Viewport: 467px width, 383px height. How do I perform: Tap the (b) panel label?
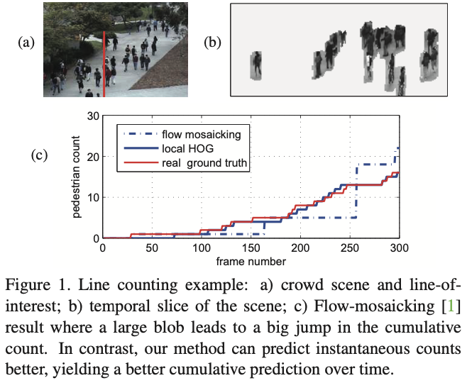pyautogui.click(x=212, y=43)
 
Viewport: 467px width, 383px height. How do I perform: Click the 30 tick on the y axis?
pyautogui.click(x=92, y=116)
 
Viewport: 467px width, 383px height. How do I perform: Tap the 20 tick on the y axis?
pyautogui.click(x=92, y=157)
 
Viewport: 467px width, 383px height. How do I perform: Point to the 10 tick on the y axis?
pyautogui.click(x=92, y=197)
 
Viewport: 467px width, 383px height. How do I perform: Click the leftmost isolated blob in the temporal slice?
pyautogui.click(x=256, y=65)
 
